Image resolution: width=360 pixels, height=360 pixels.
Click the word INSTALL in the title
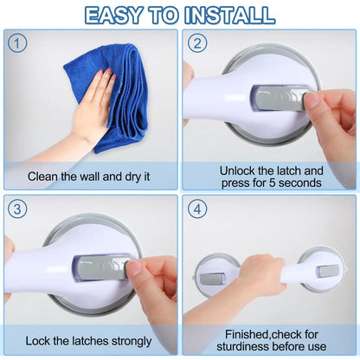(x=229, y=14)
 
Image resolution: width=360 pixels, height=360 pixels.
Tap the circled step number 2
(x=197, y=42)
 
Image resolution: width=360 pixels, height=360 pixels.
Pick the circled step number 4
(x=197, y=209)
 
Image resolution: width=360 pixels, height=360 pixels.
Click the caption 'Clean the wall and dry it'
(x=89, y=177)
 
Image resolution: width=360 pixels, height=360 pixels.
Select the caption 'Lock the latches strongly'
(x=89, y=342)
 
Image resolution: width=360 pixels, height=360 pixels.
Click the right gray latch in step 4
(x=328, y=271)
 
